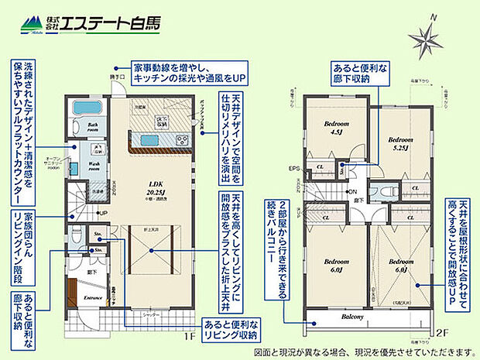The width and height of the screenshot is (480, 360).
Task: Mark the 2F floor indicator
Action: click(x=442, y=333)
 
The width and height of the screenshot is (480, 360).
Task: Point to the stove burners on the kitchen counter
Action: click(x=183, y=140)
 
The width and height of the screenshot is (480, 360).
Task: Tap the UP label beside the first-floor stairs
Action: click(x=102, y=213)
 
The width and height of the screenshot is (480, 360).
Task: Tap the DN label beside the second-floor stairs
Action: click(x=352, y=192)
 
